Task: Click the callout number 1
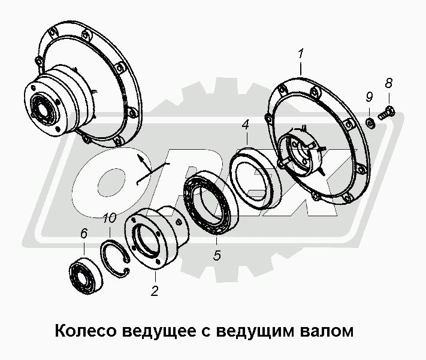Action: coord(300,56)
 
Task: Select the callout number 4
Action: coord(245,125)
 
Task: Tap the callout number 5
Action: coord(217,256)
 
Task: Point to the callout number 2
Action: coord(155,292)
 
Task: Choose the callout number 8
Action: coord(388,83)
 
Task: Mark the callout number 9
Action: coord(370,97)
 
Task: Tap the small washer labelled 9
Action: coord(370,123)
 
